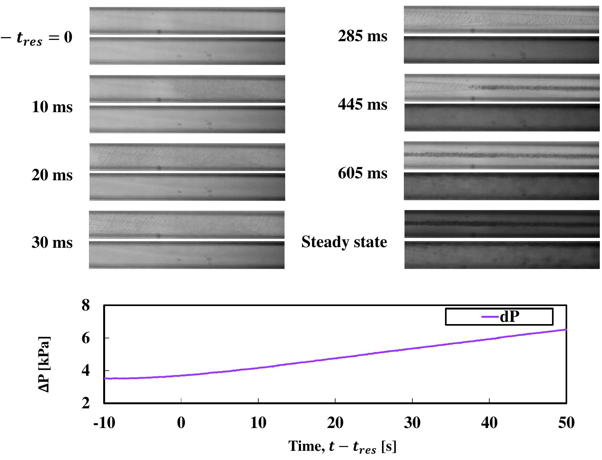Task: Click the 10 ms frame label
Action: point(52,107)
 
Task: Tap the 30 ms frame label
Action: point(52,242)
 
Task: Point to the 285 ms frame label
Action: point(362,36)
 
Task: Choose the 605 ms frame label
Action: point(362,173)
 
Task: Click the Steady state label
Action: point(344,242)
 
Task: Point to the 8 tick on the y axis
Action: point(86,305)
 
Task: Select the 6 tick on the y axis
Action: point(86,338)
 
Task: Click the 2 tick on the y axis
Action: point(86,403)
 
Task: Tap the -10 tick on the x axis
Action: point(104,423)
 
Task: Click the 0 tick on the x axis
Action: point(181,423)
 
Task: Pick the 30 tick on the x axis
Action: point(412,423)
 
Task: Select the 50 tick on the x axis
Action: point(566,423)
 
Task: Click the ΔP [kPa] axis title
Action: point(44,364)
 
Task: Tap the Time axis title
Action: point(342,447)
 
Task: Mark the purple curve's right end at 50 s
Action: point(566,330)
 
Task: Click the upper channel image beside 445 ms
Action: point(502,88)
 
